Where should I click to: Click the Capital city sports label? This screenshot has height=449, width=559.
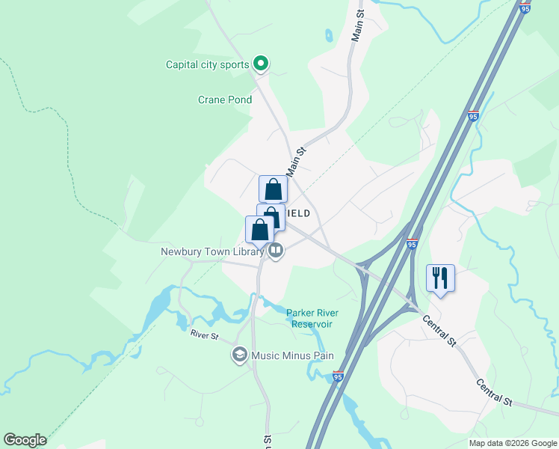click(x=207, y=64)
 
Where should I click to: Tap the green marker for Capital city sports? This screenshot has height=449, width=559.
click(x=260, y=64)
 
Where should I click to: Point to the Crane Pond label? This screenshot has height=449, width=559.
click(x=224, y=100)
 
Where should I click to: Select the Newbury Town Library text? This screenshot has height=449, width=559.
click(x=212, y=252)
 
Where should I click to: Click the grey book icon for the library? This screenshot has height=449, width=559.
click(x=276, y=251)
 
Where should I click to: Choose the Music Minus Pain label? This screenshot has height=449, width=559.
click(x=292, y=355)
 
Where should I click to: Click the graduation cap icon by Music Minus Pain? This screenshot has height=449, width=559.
click(x=240, y=355)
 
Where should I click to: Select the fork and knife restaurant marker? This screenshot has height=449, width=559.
click(x=440, y=278)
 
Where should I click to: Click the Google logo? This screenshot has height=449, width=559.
click(x=25, y=440)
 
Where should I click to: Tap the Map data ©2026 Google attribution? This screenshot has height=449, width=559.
click(x=513, y=443)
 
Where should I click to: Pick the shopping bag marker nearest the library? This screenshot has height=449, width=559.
click(x=259, y=230)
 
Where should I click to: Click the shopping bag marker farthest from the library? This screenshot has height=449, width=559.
click(x=273, y=189)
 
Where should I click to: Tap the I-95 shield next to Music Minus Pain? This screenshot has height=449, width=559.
click(x=338, y=377)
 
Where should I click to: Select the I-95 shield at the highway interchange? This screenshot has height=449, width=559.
click(x=413, y=244)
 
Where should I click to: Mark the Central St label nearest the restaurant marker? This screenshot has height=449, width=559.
click(x=439, y=330)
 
